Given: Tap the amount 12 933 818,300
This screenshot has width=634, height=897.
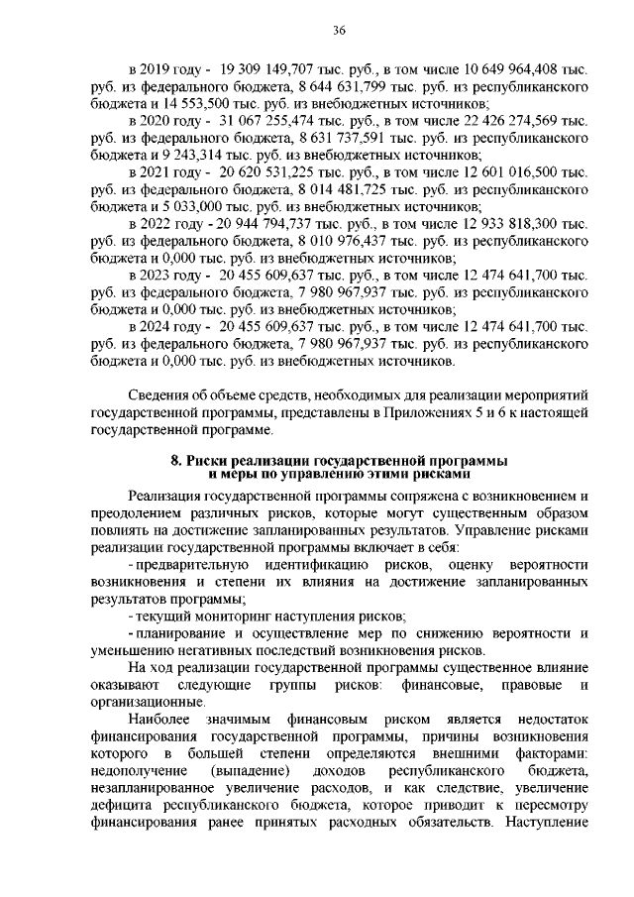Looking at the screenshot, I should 484,223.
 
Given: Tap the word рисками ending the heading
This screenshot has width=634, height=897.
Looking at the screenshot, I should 428,475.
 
